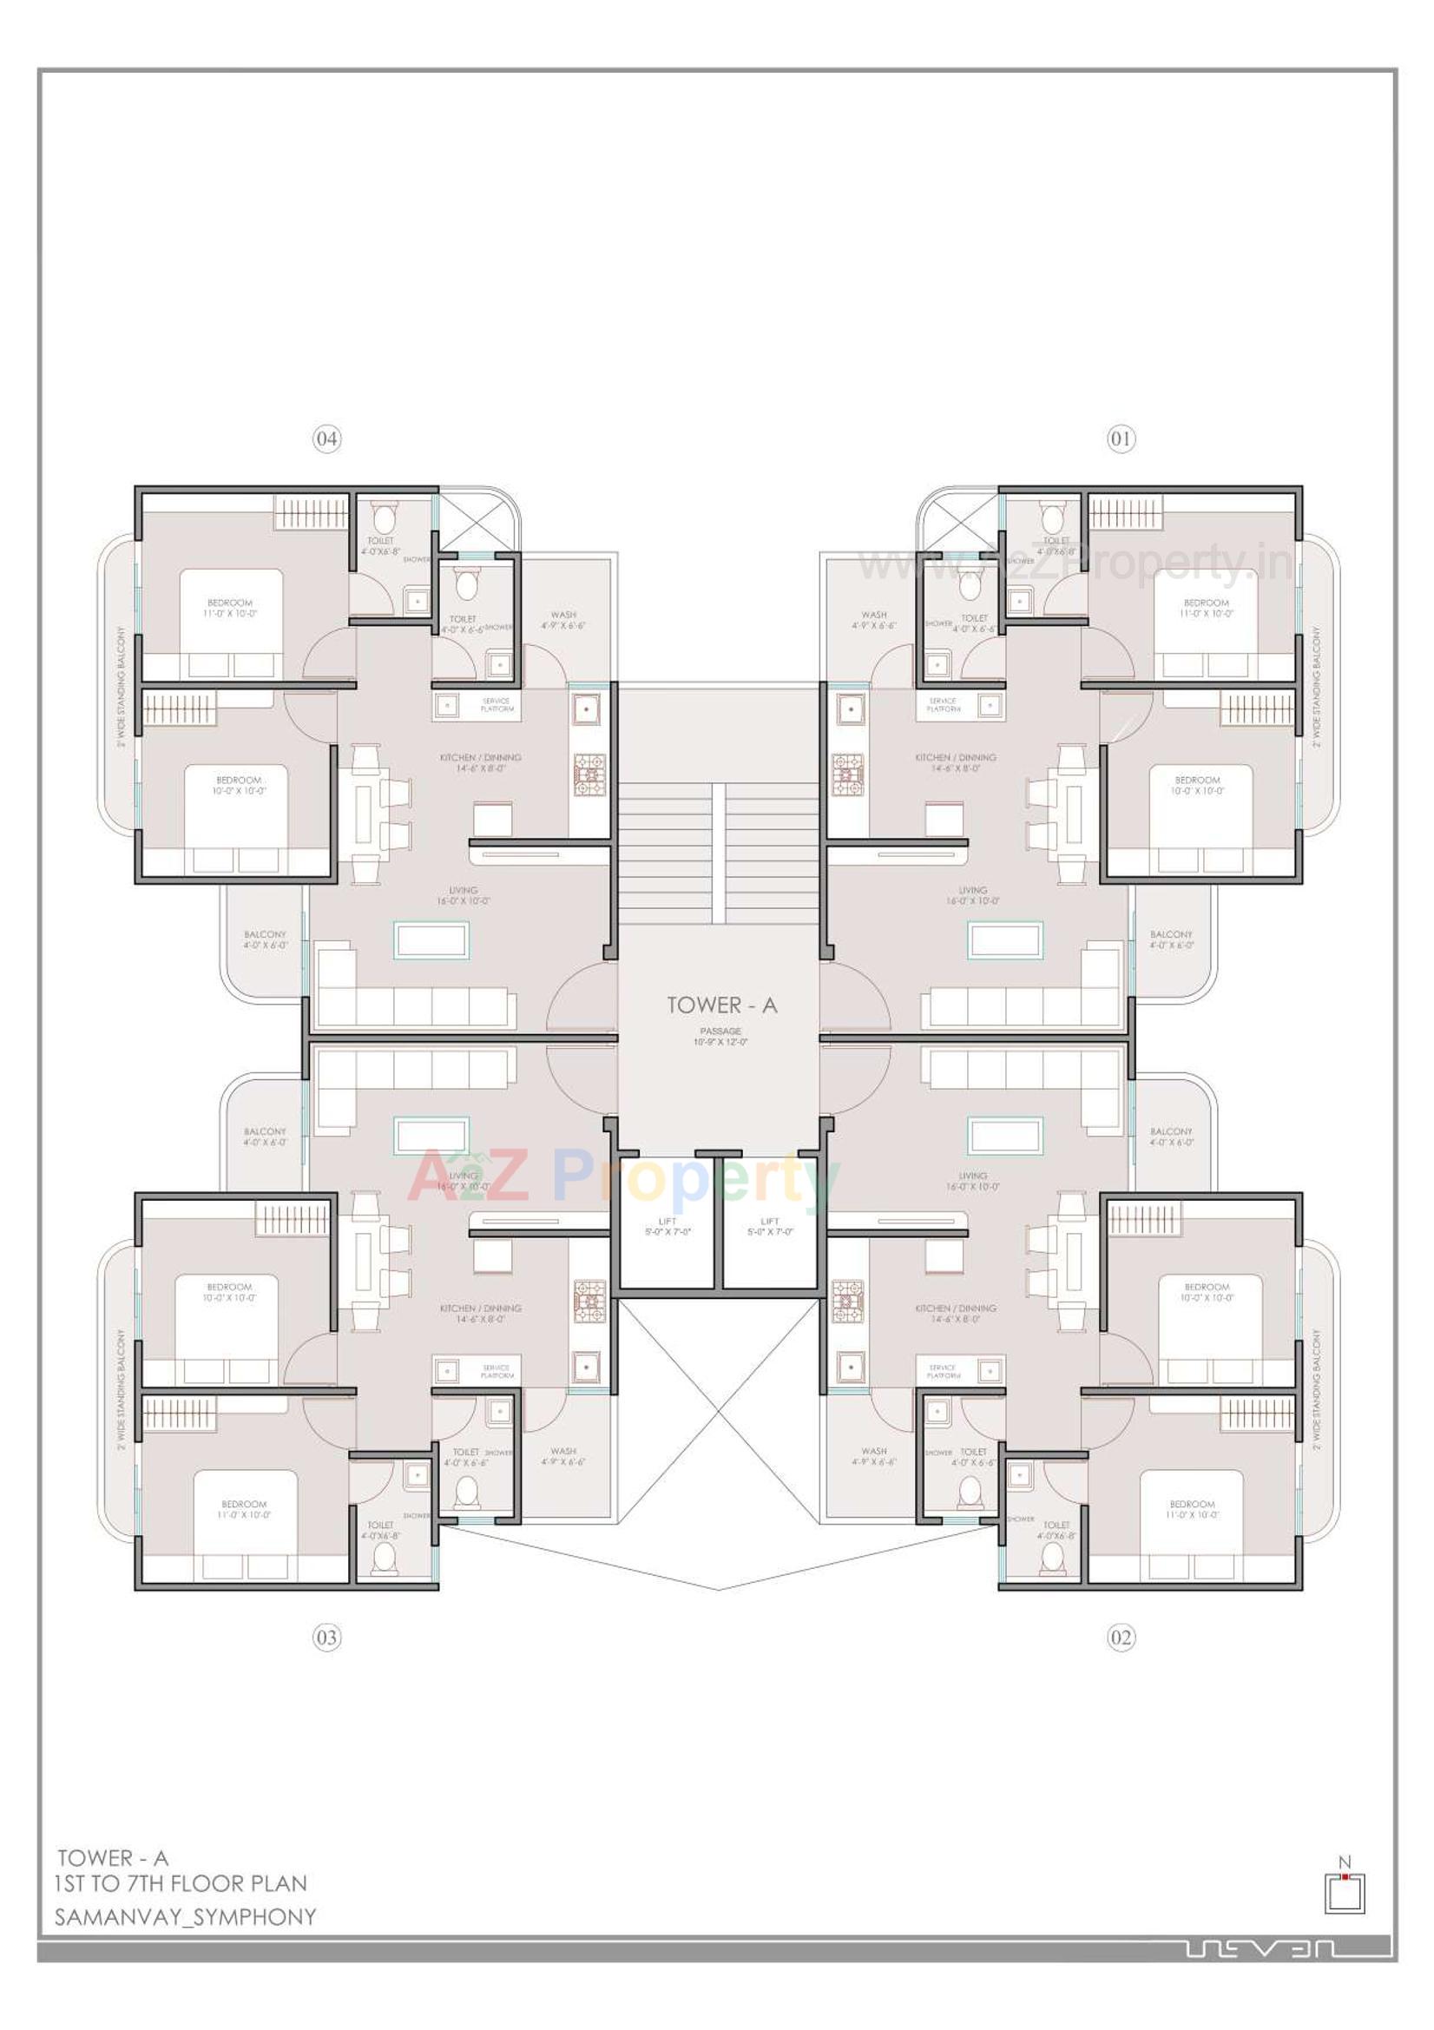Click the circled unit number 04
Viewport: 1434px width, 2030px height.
326,438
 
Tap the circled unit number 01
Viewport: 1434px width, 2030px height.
1120,438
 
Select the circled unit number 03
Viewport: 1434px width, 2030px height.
326,1638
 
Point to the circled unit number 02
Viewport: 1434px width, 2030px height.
1120,1638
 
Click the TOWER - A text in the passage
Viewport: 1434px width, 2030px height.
721,1005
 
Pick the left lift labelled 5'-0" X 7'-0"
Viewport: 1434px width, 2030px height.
667,1225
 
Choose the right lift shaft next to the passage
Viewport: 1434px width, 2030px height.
770,1225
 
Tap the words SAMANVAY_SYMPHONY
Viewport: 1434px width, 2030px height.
185,1916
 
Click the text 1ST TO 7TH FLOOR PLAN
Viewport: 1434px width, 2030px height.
181,1882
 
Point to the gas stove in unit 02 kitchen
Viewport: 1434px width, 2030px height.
847,1301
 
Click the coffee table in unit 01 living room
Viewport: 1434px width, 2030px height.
1004,939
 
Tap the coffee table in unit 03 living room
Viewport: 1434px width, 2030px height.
431,1137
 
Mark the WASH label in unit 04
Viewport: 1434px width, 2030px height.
563,620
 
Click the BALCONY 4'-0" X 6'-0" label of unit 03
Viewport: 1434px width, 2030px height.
266,1137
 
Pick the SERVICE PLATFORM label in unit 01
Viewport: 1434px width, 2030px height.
944,705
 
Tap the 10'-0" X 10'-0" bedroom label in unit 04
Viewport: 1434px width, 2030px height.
238,785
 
